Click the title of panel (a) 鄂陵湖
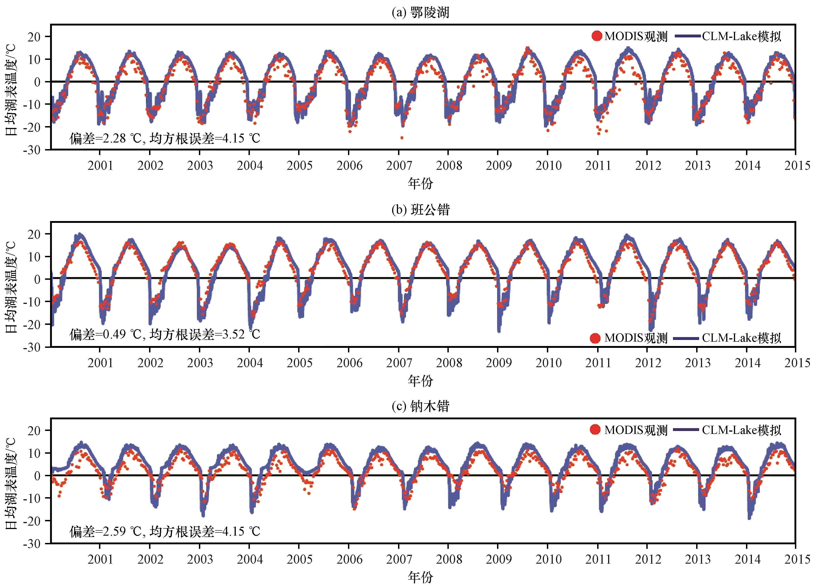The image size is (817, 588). coord(420,13)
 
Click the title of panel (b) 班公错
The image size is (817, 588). coord(420,210)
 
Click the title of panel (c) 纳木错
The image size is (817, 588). coord(420,406)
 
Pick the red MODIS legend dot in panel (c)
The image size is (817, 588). coord(595,430)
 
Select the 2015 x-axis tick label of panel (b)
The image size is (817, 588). coord(797,363)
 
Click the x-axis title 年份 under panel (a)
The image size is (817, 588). coord(420,183)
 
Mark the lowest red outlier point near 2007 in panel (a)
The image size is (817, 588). coord(402,138)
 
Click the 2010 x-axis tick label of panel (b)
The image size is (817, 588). coord(548,363)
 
